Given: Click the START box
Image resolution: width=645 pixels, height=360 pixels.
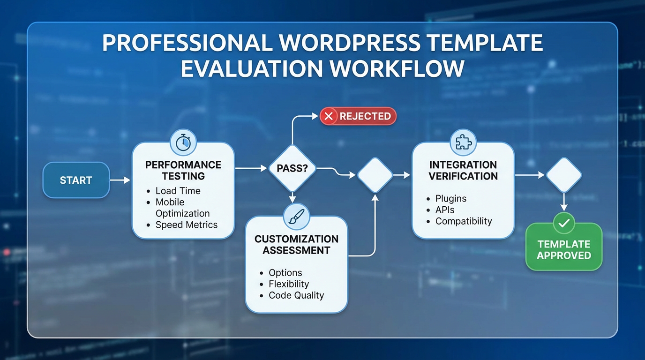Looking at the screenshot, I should [76, 180].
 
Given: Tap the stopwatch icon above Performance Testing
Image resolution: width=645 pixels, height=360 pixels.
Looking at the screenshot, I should [183, 142].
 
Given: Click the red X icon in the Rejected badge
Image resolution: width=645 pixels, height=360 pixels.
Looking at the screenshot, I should [329, 116].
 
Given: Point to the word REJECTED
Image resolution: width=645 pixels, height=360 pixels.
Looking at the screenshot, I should [365, 116].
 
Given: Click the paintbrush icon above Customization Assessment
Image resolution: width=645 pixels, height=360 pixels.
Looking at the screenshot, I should [296, 216].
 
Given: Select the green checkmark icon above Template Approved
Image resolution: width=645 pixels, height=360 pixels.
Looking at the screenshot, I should [564, 223].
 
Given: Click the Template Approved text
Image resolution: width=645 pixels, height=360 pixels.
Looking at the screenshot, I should [564, 250].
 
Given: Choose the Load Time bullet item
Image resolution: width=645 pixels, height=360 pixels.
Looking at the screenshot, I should [178, 191].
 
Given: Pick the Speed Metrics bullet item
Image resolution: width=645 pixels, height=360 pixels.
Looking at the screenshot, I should [186, 225].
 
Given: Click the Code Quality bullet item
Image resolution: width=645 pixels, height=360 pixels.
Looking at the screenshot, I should [296, 295].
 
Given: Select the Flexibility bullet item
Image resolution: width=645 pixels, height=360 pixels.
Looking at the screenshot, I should [288, 284].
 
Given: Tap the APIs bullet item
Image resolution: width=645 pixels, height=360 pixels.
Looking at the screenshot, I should [444, 210].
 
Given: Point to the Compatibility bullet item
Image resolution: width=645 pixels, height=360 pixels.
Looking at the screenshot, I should [463, 221].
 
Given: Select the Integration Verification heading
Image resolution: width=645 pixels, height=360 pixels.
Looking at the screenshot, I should [463, 171].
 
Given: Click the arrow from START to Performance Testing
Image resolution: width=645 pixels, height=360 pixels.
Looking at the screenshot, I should [120, 180].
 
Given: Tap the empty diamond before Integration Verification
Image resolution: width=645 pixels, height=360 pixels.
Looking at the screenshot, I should [375, 175].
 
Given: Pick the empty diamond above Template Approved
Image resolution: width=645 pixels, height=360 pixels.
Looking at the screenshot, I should [564, 175].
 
